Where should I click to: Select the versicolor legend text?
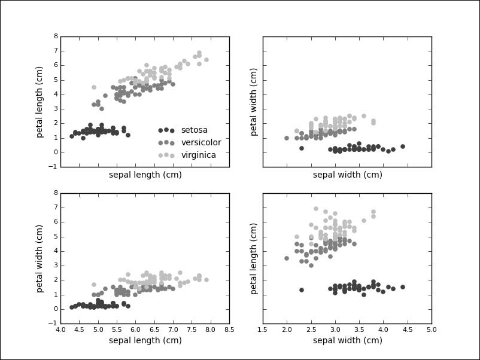(x=201, y=143)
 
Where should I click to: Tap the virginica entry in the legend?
(x=198, y=155)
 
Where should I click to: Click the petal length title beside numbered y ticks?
(x=40, y=102)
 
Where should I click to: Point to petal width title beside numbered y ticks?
(x=40, y=258)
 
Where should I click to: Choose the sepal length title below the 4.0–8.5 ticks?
(x=145, y=341)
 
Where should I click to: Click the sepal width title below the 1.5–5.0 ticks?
(x=347, y=341)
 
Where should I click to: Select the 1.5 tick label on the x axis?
(x=263, y=330)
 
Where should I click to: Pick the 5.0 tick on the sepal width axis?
(x=431, y=330)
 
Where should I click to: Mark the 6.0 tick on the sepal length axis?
(x=136, y=330)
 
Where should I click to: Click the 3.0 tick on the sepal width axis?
(x=335, y=330)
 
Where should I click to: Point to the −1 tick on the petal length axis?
(x=54, y=167)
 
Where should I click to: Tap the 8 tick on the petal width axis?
(x=56, y=193)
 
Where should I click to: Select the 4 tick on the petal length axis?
(x=56, y=94)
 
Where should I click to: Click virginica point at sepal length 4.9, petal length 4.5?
(x=94, y=87)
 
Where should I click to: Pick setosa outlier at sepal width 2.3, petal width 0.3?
(x=302, y=148)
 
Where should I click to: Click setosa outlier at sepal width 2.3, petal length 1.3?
(x=302, y=290)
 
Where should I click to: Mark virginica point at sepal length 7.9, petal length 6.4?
(x=206, y=59)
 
